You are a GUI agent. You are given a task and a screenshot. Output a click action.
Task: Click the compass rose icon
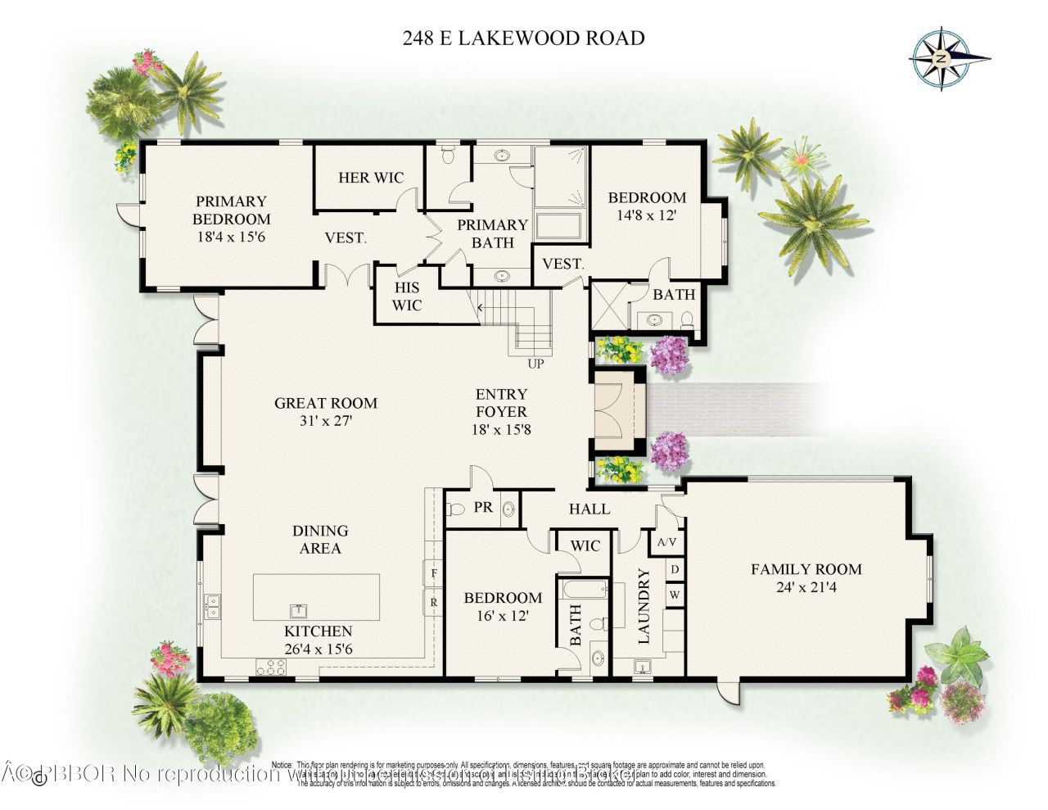[942, 58]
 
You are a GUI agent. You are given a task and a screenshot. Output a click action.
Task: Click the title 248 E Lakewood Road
[523, 38]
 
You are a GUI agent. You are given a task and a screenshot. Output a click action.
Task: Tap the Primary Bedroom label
[231, 210]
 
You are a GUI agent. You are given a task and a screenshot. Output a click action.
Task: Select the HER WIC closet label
[371, 178]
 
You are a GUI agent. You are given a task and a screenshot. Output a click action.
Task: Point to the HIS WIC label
[407, 296]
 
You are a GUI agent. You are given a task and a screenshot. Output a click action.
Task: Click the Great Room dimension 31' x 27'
[325, 422]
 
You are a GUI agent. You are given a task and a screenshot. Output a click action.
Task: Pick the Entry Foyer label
[501, 402]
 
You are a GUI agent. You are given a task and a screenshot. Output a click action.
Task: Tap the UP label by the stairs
[537, 364]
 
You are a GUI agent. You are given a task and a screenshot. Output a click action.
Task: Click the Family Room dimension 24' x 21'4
[806, 587]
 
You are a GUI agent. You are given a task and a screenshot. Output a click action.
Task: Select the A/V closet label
[666, 542]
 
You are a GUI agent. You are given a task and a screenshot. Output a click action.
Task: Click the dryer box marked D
[675, 568]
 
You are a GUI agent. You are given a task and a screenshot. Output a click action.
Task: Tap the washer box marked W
[675, 595]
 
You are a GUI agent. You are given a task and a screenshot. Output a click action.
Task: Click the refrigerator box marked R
[432, 603]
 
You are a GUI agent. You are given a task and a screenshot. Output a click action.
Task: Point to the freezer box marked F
[432, 573]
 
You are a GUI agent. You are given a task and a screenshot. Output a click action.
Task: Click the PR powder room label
[483, 508]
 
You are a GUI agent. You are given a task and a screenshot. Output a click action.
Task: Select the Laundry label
[644, 606]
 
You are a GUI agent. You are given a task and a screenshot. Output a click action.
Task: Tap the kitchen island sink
[299, 610]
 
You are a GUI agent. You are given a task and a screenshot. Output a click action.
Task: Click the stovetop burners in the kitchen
[269, 667]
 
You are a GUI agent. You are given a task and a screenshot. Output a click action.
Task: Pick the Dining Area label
[320, 540]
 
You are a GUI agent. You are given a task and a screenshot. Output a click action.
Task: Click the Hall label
[589, 509]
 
